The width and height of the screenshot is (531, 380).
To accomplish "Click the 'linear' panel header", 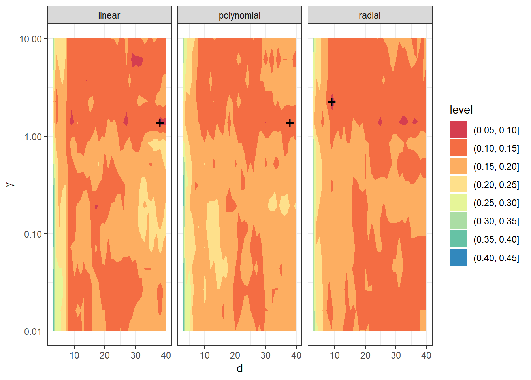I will tap(109, 15).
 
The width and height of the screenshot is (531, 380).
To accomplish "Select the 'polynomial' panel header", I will tap(239, 15).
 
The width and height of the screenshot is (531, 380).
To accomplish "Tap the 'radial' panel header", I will tap(370, 15).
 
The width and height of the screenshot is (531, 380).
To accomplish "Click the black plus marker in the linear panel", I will tap(160, 123).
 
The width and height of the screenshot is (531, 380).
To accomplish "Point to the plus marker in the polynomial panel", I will tap(290, 123).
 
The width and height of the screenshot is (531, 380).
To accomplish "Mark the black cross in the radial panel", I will tap(332, 102).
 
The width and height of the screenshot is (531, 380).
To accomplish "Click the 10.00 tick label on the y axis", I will tap(30, 39).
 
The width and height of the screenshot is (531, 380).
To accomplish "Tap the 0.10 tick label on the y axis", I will tap(33, 234).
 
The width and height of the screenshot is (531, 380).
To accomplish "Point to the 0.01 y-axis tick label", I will tap(33, 331).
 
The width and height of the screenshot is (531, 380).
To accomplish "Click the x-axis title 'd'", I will tap(239, 369).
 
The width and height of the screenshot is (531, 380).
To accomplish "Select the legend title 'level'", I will tap(461, 110).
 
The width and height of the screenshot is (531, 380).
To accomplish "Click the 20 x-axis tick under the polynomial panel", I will tap(235, 355).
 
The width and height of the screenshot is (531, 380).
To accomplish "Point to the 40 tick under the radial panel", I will tap(426, 355).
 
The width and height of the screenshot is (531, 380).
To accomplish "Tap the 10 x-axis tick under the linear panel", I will tap(74, 355).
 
